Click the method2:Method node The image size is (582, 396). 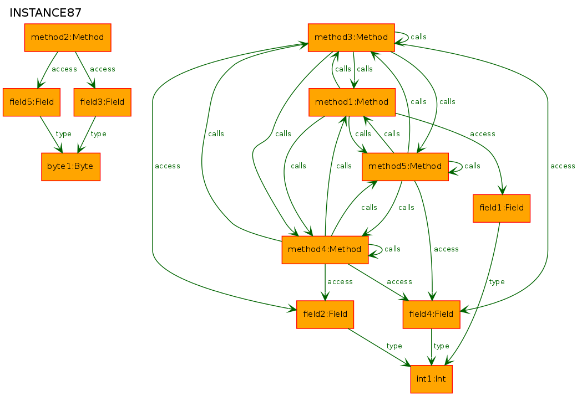[68, 38]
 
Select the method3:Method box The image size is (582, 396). [351, 38]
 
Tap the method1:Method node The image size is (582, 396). [352, 102]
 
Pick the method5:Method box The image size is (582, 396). [405, 166]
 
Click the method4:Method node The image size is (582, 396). [325, 249]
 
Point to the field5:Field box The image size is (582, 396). [32, 102]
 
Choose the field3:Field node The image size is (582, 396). [102, 102]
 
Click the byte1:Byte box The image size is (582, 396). [70, 166]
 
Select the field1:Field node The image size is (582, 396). [502, 208]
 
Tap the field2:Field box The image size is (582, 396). [325, 314]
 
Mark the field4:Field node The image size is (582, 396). [431, 314]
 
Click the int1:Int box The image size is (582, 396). [431, 379]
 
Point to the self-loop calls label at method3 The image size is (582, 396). [418, 37]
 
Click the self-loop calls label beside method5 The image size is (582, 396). [472, 166]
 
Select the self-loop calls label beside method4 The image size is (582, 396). [392, 249]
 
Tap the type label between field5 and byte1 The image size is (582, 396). [64, 134]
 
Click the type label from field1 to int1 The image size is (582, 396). [497, 282]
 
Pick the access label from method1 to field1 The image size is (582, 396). [482, 134]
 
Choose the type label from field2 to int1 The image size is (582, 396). [394, 346]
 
